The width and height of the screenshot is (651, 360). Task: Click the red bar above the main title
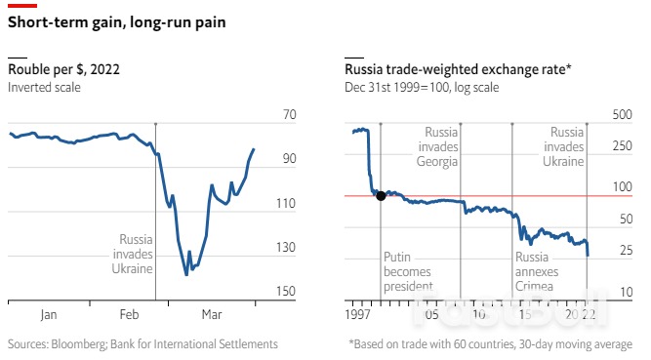click(x=22, y=5)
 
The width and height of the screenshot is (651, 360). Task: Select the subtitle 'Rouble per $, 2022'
click(x=64, y=69)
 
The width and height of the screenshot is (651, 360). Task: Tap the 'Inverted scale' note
click(x=44, y=88)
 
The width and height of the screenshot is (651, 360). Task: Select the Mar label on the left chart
click(x=211, y=315)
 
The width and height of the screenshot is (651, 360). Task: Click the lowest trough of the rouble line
click(x=186, y=274)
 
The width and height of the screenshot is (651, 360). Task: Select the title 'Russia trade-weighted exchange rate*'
click(x=458, y=69)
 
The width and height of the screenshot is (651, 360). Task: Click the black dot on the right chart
click(x=381, y=196)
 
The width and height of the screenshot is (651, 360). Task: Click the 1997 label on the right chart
click(x=361, y=315)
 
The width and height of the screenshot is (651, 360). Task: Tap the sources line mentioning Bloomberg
click(x=142, y=343)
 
